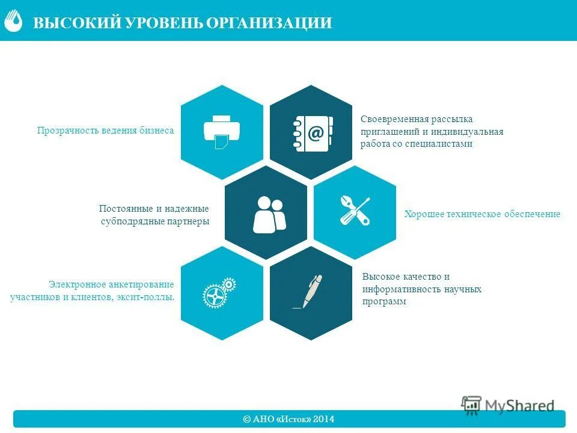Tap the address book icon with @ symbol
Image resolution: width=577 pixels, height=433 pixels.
pos(311,133)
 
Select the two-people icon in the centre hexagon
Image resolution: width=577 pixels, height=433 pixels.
pos(269,215)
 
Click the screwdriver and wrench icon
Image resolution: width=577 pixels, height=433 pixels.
pos(355,210)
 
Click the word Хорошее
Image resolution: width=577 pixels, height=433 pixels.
pos(423,214)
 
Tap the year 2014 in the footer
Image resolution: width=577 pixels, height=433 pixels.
pos(323,419)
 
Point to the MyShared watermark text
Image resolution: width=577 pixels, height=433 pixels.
pos(520,406)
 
